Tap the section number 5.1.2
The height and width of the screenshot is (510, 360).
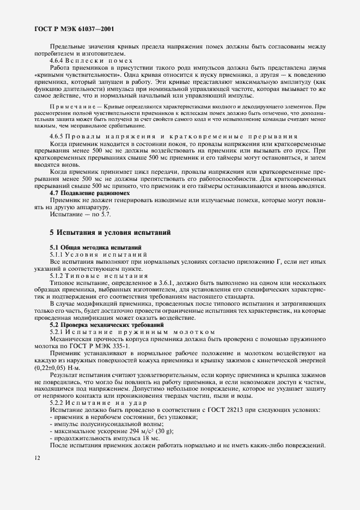[x=58, y=276]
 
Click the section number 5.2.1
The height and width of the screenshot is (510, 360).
[x=58, y=332]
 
